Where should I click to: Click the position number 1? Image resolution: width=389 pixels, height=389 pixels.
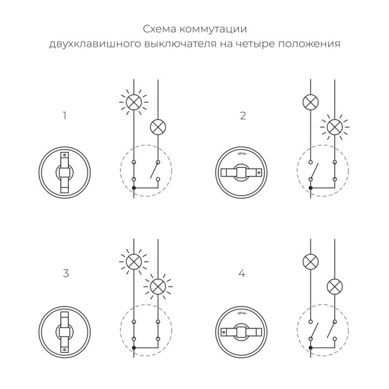pyautogui.click(x=65, y=116)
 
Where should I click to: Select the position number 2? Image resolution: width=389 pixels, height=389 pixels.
pyautogui.click(x=242, y=116)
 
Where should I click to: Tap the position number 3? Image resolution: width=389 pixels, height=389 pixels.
pyautogui.click(x=66, y=273)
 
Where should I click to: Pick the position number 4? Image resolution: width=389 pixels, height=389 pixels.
pyautogui.click(x=242, y=273)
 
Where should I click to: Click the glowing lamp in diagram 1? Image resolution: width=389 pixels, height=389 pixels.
pyautogui.click(x=134, y=101)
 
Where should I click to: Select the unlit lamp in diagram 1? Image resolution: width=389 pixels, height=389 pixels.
pyautogui.click(x=157, y=127)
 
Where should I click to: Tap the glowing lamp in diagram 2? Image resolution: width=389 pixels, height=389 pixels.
pyautogui.click(x=335, y=127)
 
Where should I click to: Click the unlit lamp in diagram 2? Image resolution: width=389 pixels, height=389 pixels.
pyautogui.click(x=311, y=101)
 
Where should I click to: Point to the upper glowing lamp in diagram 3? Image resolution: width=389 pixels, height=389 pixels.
pyautogui.click(x=134, y=261)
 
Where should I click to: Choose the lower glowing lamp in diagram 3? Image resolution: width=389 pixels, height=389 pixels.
pyautogui.click(x=157, y=286)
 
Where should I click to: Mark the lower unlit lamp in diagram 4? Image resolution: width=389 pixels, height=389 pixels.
pyautogui.click(x=335, y=286)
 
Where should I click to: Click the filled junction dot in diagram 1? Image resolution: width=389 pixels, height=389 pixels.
pyautogui.click(x=134, y=189)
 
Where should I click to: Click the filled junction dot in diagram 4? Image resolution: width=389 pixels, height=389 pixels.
pyautogui.click(x=311, y=348)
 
